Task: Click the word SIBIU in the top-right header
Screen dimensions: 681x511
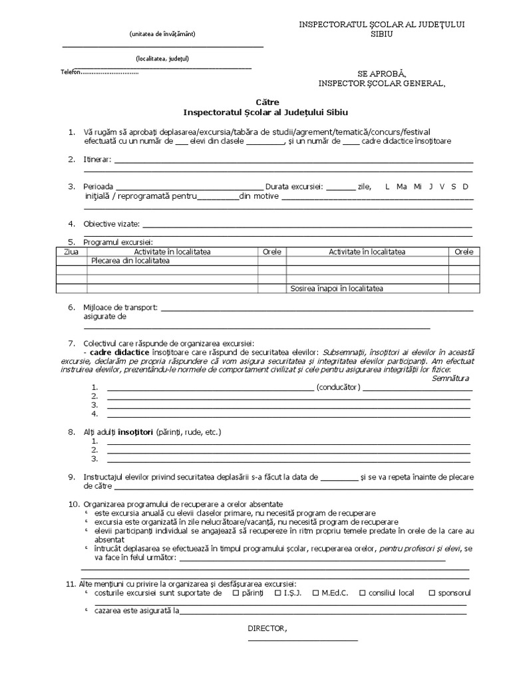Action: [x=382, y=33]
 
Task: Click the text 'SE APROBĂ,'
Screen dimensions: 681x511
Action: [x=381, y=72]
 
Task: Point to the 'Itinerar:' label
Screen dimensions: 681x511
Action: [x=98, y=160]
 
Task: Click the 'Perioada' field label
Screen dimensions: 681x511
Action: [x=98, y=186]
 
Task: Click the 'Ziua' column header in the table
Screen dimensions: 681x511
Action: [x=71, y=252]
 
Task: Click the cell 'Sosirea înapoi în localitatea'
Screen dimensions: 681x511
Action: [x=337, y=289]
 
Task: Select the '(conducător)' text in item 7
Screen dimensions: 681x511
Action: [x=339, y=387]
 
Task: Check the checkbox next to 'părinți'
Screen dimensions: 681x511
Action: [x=236, y=592]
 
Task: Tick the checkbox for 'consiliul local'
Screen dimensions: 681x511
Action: [x=363, y=592]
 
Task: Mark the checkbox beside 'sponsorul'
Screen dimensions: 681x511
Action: [x=432, y=592]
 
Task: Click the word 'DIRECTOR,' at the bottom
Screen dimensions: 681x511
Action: [x=267, y=628]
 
